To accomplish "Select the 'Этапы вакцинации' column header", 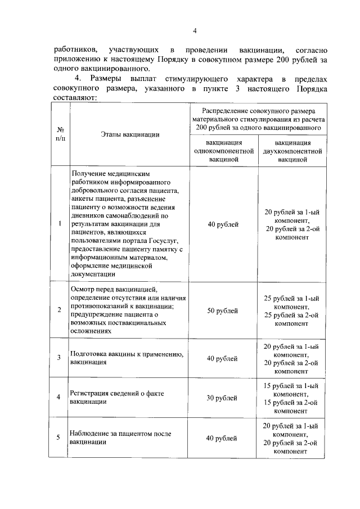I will coord(130,134).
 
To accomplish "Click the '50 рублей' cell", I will coord(223,311).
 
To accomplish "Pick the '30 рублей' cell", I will coord(223,398).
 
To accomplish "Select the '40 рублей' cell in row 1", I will coord(223,225).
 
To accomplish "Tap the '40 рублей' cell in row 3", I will coord(223,358).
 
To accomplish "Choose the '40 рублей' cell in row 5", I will coord(223,438).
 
